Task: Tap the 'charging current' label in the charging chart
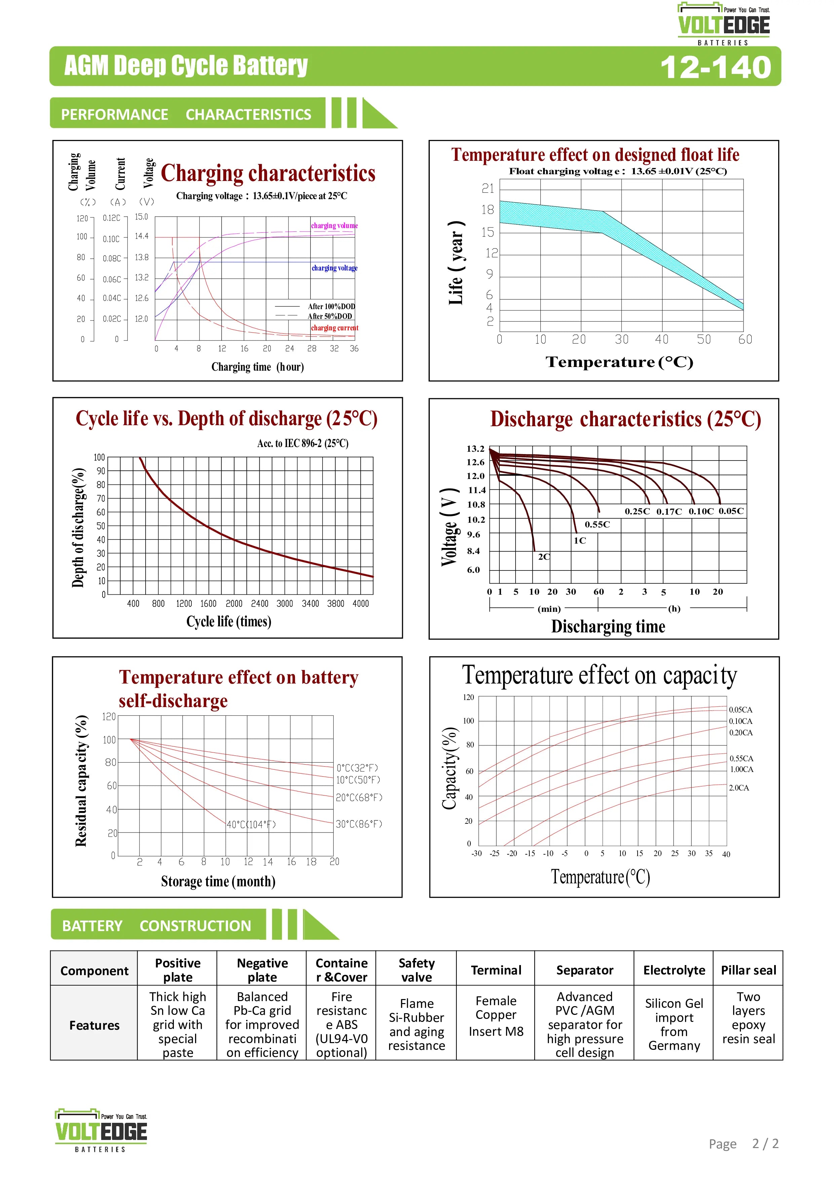[335, 328]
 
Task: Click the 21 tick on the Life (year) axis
[488, 189]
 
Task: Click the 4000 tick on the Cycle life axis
[361, 603]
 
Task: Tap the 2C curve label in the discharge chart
[544, 557]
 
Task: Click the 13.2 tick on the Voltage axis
[475, 449]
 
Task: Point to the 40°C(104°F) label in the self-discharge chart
[251, 824]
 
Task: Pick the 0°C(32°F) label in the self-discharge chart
[358, 768]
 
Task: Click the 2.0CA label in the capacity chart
[739, 788]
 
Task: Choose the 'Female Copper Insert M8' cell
[496, 1016]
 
